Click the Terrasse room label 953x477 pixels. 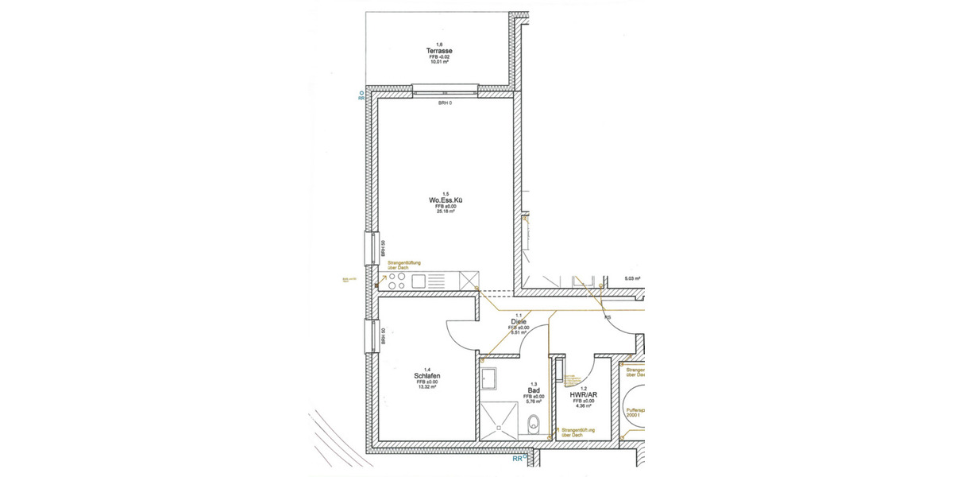pyautogui.click(x=439, y=51)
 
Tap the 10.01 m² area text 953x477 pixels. pyautogui.click(x=439, y=64)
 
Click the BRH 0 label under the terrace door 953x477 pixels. pyautogui.click(x=445, y=103)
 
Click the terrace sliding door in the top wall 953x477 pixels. pyautogui.click(x=446, y=88)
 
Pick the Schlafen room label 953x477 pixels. pyautogui.click(x=427, y=376)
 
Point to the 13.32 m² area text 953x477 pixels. pyautogui.click(x=427, y=389)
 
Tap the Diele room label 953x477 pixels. pyautogui.click(x=519, y=321)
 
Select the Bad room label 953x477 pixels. pyautogui.click(x=533, y=390)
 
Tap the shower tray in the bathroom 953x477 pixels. pyautogui.click(x=501, y=419)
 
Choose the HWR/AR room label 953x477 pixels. pyautogui.click(x=583, y=394)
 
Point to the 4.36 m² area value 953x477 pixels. pyautogui.click(x=583, y=407)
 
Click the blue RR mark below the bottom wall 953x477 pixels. pyautogui.click(x=518, y=459)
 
